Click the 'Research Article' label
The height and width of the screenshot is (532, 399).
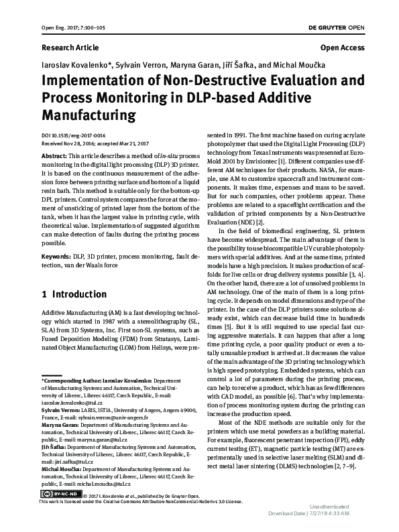(70, 48)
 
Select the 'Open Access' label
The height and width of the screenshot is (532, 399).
(343, 48)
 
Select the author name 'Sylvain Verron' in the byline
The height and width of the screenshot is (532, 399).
(137, 66)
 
